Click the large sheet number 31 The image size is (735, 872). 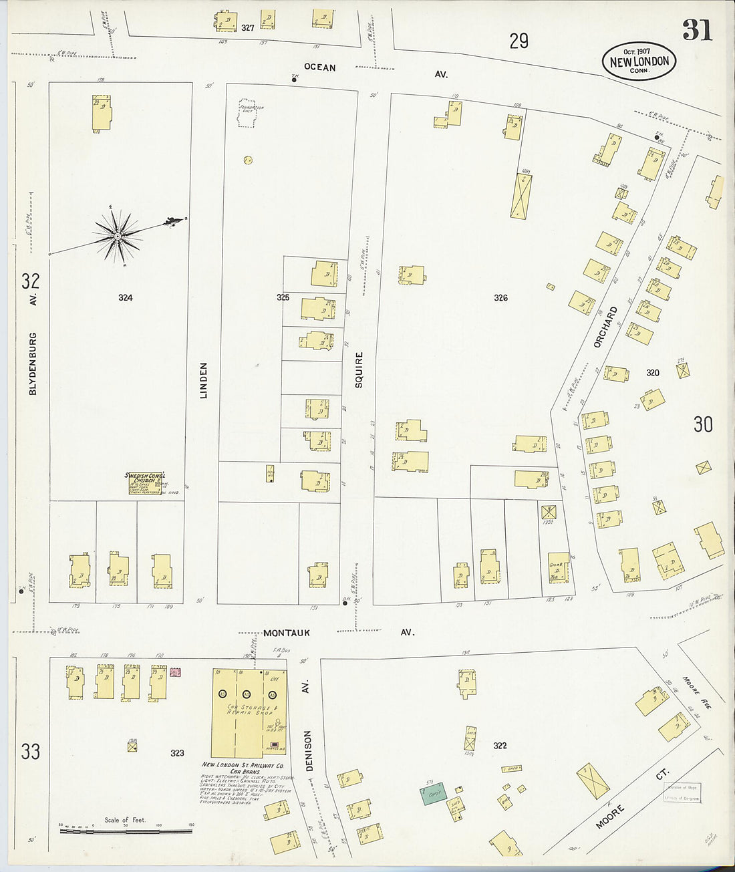(x=696, y=30)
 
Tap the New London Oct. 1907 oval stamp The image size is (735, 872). (x=639, y=61)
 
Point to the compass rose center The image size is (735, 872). (x=118, y=236)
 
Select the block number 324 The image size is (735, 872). (x=125, y=297)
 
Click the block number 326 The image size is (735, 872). (x=500, y=297)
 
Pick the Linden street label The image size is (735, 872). (x=204, y=380)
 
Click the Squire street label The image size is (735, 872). (x=359, y=370)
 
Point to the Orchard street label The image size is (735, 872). (x=605, y=327)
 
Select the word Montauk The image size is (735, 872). (x=286, y=632)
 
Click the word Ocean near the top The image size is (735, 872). (x=319, y=67)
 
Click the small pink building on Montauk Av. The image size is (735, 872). (x=176, y=672)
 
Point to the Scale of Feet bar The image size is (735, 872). (x=126, y=831)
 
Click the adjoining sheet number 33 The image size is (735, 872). (x=30, y=751)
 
